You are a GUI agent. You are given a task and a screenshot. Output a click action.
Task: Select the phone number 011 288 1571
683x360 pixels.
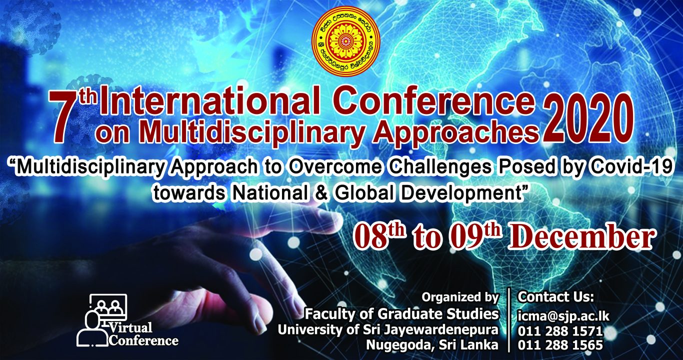[x=560, y=331]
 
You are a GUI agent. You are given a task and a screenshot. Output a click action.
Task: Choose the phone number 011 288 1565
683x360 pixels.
[x=560, y=344]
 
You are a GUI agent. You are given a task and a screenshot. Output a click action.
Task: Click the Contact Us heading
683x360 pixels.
[x=555, y=297]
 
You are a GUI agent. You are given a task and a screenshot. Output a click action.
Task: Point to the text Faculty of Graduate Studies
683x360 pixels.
[x=401, y=314]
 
